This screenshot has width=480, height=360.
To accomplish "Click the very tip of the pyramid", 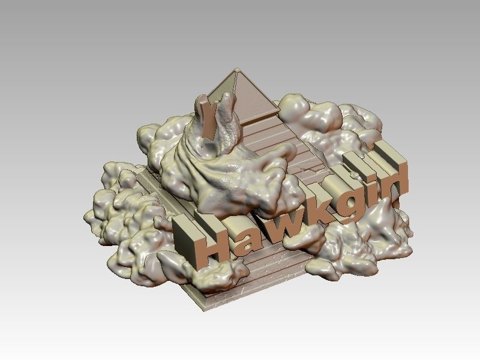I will coord(238,70).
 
